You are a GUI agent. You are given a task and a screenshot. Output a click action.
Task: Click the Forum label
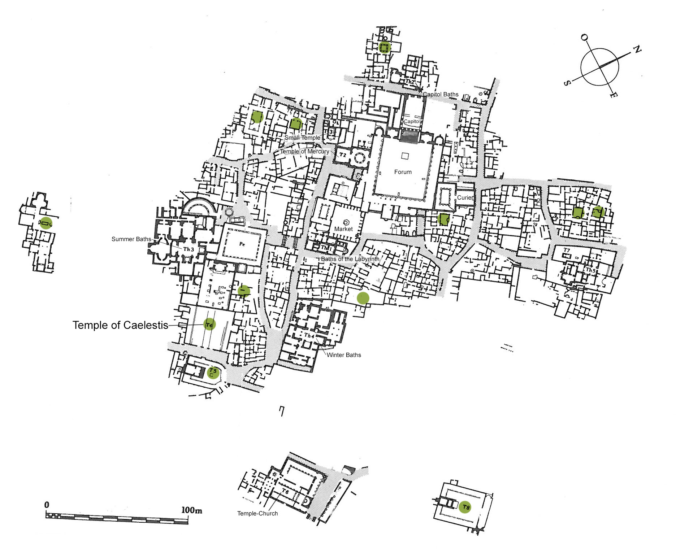point(403,172)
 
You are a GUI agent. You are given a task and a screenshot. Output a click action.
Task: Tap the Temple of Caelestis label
point(120,325)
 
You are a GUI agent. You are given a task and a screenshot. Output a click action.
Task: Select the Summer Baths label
point(131,239)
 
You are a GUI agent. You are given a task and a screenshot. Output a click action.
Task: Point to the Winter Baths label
point(344,355)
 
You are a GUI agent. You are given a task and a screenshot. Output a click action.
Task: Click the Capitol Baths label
point(441,95)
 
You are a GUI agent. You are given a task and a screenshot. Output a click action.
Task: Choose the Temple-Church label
point(257,513)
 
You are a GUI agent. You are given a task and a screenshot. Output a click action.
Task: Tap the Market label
point(343,229)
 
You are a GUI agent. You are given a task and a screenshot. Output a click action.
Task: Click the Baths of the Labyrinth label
point(350,259)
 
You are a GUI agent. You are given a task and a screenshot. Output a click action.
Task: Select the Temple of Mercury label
point(305,152)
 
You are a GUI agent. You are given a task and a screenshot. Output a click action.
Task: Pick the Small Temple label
point(302,138)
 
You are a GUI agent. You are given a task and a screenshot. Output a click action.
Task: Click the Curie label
point(464,198)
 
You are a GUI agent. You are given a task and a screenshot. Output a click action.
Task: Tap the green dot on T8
point(465,507)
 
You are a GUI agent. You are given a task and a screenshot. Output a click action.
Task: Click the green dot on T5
point(213,372)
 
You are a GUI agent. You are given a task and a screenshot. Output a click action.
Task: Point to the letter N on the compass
point(637,49)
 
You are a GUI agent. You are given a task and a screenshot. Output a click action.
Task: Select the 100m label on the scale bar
point(191,510)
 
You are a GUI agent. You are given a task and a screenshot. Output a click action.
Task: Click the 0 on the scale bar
point(47,505)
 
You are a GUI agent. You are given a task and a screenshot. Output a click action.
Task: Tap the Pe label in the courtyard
point(242,244)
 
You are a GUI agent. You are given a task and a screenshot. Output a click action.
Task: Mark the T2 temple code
point(342,155)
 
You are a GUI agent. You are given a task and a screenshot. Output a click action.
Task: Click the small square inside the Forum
point(405,156)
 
